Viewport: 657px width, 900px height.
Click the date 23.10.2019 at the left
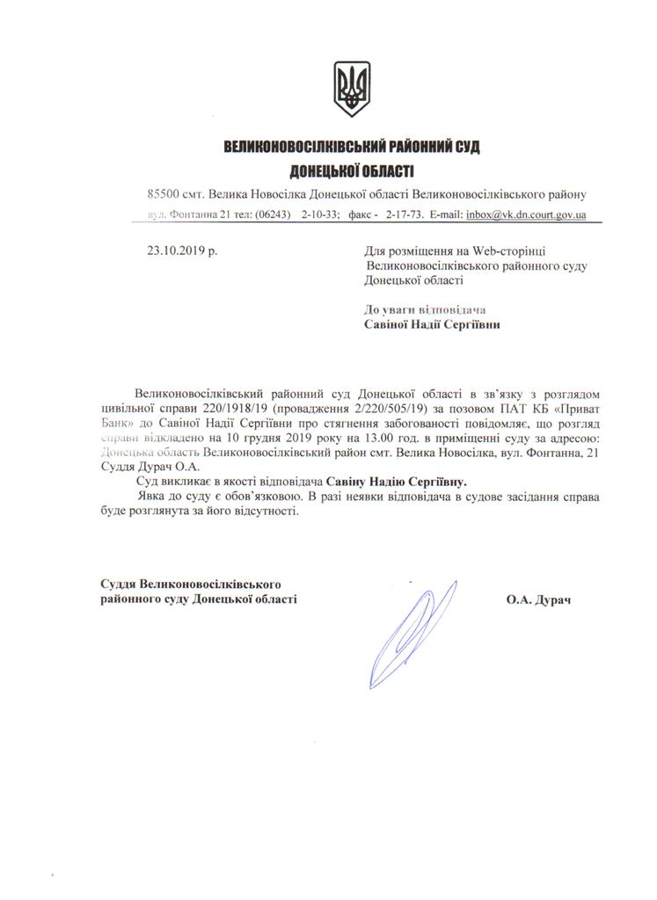(x=182, y=250)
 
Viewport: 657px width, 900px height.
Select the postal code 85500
(x=164, y=193)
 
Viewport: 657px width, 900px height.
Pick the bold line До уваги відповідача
(x=425, y=308)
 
